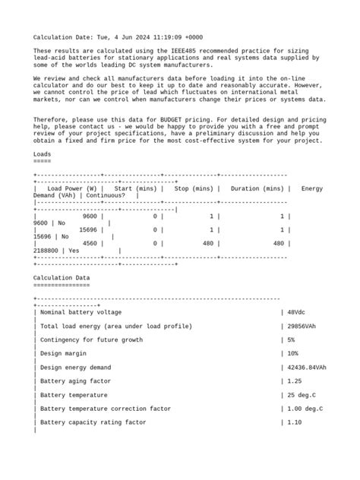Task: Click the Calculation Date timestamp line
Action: point(118,37)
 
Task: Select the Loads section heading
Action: point(43,154)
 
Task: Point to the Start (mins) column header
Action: point(131,188)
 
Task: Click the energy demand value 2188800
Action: point(49,251)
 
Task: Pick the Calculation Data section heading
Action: point(62,278)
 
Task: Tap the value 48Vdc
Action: point(298,312)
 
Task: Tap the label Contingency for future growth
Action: point(90,339)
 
